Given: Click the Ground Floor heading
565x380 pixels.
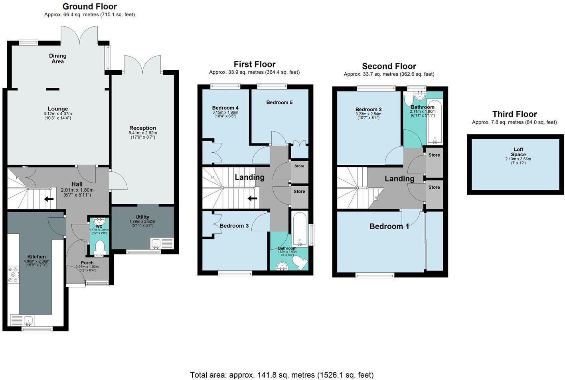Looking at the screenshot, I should pyautogui.click(x=90, y=6).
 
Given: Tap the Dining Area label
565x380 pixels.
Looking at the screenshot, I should pyautogui.click(x=58, y=59).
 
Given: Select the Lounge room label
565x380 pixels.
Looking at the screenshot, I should pyautogui.click(x=58, y=109).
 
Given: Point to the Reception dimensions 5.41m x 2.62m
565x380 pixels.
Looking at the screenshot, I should pyautogui.click(x=142, y=133).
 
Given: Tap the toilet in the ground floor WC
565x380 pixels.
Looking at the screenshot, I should pyautogui.click(x=99, y=247).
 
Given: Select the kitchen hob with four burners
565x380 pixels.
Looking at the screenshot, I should pyautogui.click(x=13, y=274).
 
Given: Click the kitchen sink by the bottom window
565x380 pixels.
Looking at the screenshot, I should pyautogui.click(x=28, y=320).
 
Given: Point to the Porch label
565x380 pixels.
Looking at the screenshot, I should pyautogui.click(x=87, y=263).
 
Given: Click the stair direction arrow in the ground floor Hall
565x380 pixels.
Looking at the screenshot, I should pyautogui.click(x=49, y=199).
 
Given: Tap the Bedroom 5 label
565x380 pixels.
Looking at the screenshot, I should pyautogui.click(x=279, y=102).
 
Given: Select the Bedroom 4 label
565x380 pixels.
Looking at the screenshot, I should pyautogui.click(x=225, y=108).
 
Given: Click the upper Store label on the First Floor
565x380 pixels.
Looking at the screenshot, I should pyautogui.click(x=299, y=166).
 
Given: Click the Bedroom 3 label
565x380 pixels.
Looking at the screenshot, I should pyautogui.click(x=234, y=226).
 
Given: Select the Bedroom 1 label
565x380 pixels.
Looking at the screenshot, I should pyautogui.click(x=389, y=226).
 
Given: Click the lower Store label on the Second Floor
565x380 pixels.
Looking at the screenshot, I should pyautogui.click(x=434, y=187).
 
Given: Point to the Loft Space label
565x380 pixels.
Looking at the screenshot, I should pyautogui.click(x=518, y=152).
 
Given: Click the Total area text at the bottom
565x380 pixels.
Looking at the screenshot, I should pyautogui.click(x=282, y=375).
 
